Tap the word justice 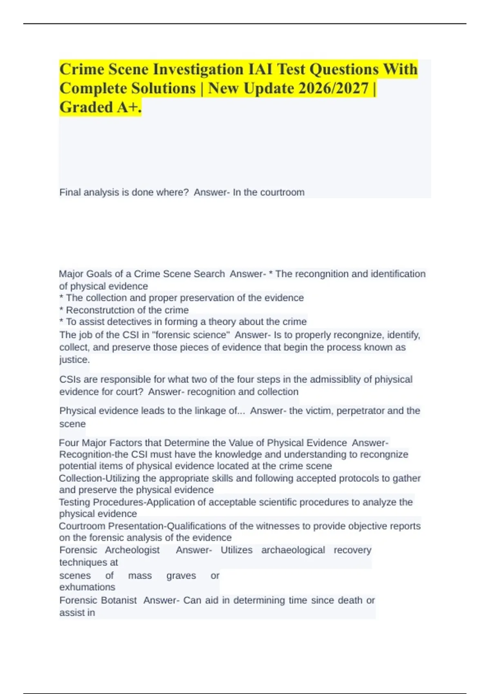pyautogui.click(x=74, y=360)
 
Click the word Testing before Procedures pyautogui.click(x=75, y=502)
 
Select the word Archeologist pyautogui.click(x=132, y=550)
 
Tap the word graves pyautogui.click(x=181, y=576)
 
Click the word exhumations pyautogui.click(x=87, y=587)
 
